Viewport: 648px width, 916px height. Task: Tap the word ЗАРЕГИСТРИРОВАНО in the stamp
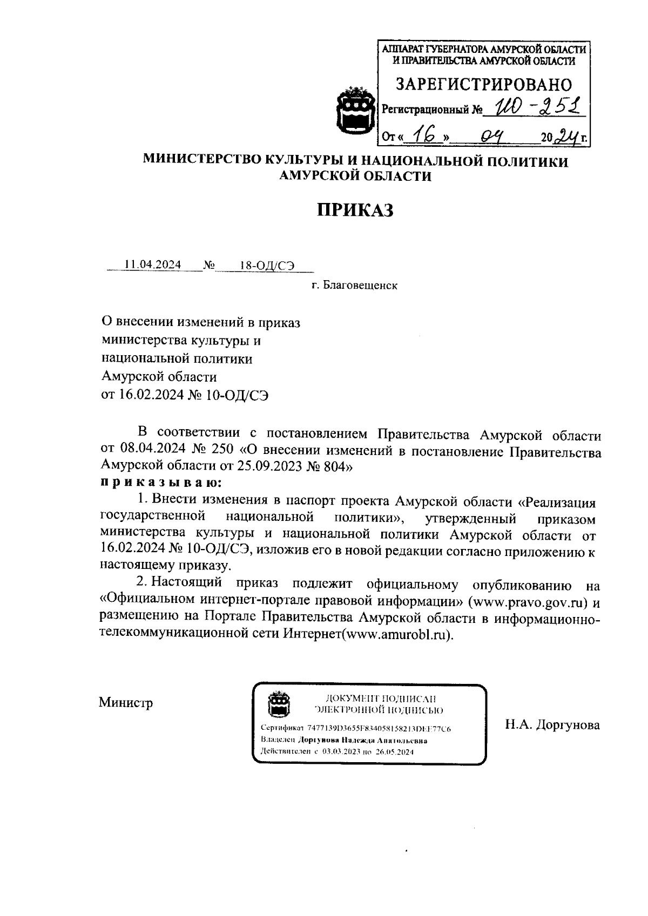tap(484, 85)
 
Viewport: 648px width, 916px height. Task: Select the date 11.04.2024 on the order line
tap(152, 265)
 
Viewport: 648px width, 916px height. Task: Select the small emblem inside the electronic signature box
tap(280, 703)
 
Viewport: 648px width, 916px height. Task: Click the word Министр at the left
tap(126, 703)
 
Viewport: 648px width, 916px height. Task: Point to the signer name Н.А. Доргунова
tap(552, 725)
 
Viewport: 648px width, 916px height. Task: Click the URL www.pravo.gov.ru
tap(530, 601)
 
